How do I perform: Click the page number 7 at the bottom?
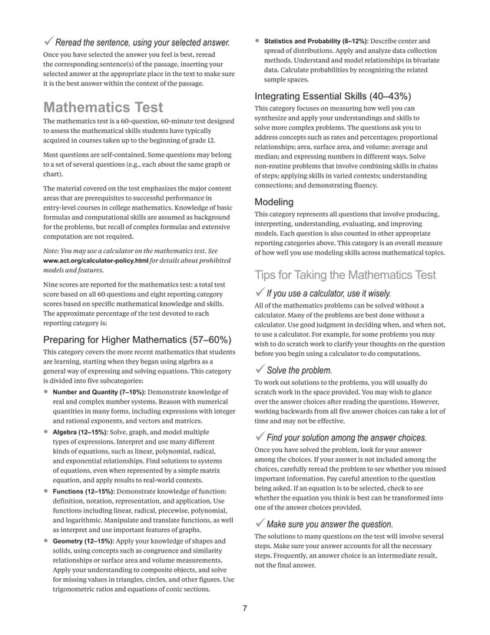tap(244, 609)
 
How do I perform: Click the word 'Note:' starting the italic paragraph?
tap(53, 251)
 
